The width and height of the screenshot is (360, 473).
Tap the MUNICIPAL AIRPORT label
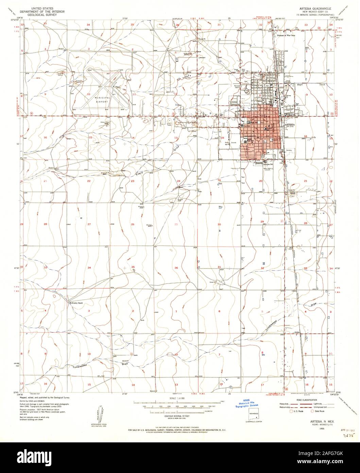click(101, 100)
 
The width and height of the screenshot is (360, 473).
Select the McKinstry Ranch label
click(76, 303)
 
